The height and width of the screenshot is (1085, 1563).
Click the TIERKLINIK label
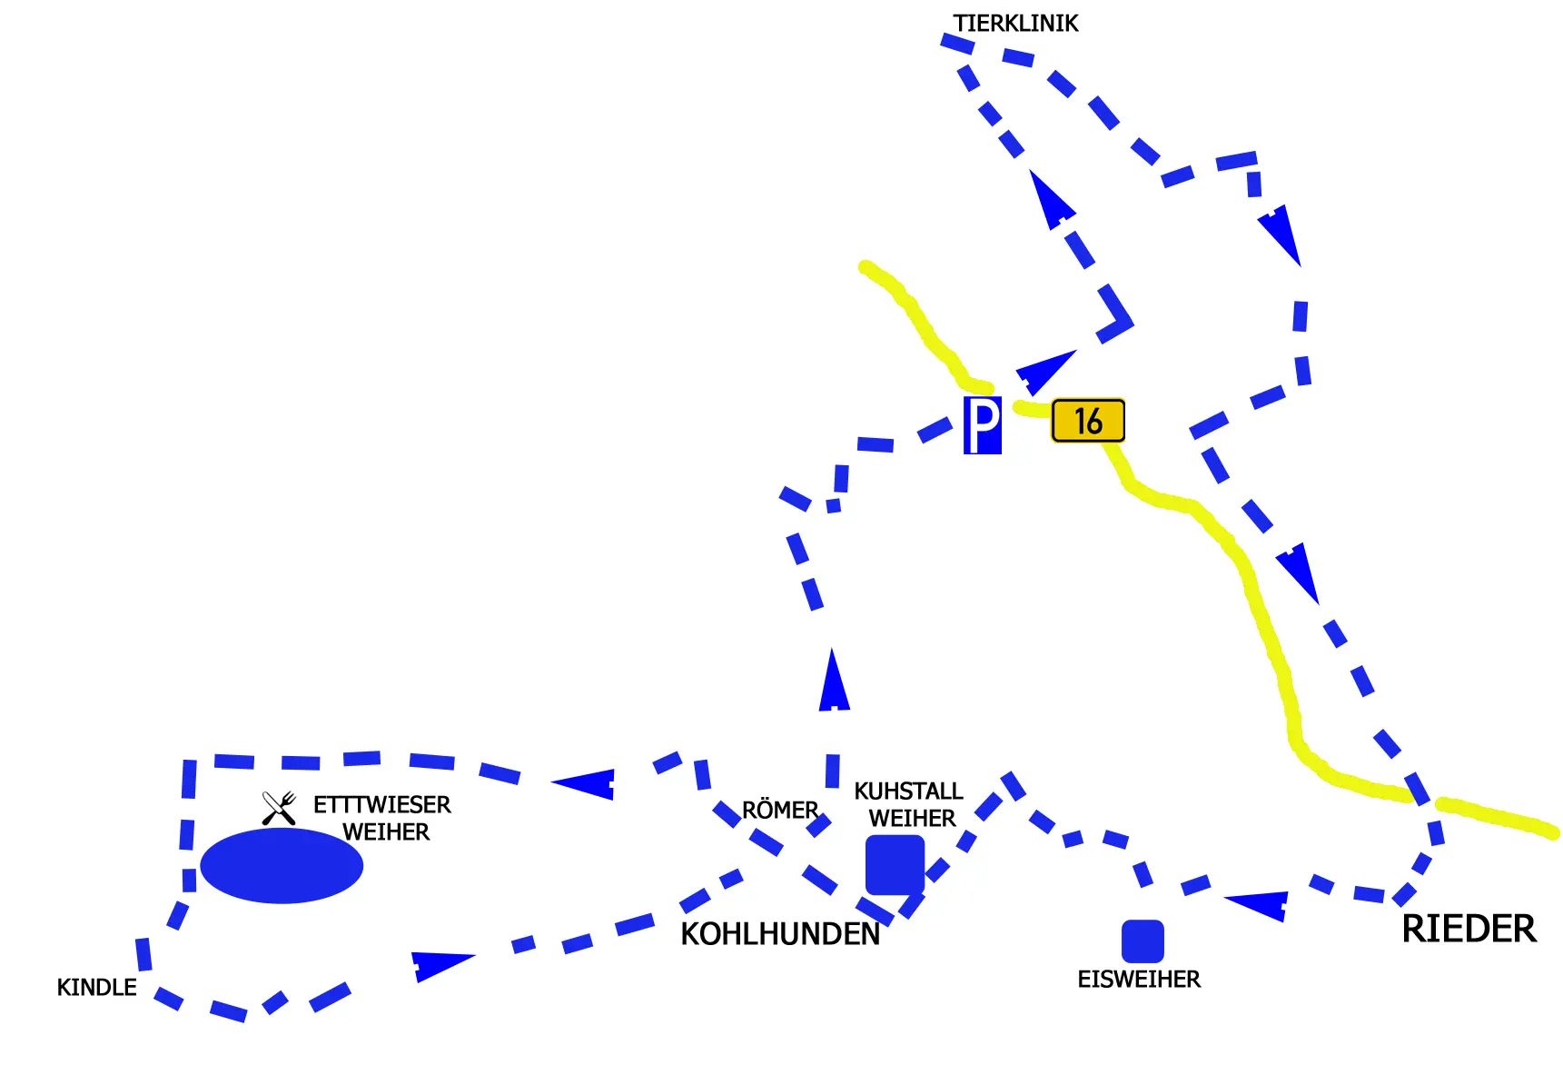click(1015, 24)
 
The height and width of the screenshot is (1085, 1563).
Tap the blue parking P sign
click(983, 425)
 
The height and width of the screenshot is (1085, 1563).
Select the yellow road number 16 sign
click(1088, 421)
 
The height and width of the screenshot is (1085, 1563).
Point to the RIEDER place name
click(1469, 929)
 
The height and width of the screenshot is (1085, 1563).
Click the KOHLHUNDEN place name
click(780, 934)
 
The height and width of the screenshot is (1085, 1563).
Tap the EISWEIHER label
click(1139, 980)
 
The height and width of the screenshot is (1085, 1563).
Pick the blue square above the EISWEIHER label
click(1143, 941)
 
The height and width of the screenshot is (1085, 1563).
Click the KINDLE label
click(96, 988)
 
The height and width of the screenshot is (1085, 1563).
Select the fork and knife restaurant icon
click(279, 808)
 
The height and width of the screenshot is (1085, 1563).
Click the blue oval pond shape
click(282, 865)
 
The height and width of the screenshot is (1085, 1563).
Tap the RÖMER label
click(780, 810)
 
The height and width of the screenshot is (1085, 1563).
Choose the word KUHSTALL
click(908, 791)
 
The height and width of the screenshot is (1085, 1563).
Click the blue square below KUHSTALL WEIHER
click(895, 865)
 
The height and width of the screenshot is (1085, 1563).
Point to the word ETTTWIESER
click(381, 805)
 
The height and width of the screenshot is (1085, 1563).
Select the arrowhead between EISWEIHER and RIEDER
click(1257, 905)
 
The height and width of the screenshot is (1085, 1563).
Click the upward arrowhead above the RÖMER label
click(834, 680)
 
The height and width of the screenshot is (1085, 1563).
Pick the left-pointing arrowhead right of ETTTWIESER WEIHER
click(584, 783)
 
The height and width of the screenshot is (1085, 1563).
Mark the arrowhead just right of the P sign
click(1044, 372)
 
